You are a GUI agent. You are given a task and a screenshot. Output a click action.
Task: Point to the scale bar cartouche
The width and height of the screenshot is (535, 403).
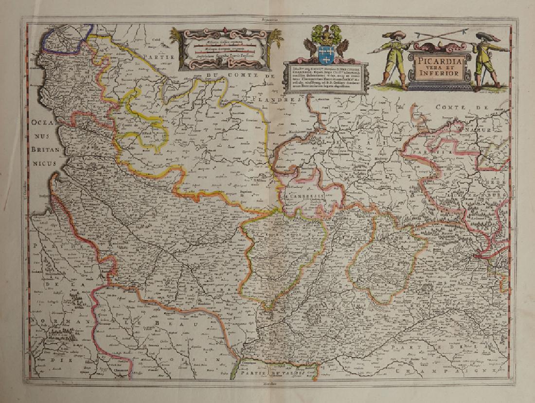(x=223, y=49)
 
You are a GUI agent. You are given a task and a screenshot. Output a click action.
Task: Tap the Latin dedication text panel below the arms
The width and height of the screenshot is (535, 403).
(x=325, y=78)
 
